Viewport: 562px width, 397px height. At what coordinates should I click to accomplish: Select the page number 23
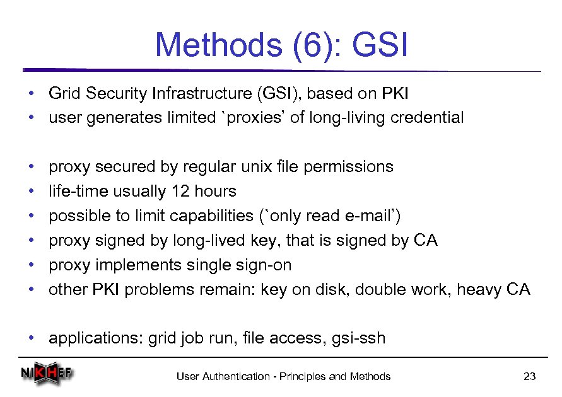[529, 377]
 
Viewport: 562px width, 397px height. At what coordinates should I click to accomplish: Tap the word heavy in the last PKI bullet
[479, 289]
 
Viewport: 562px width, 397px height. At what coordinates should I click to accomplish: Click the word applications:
[96, 338]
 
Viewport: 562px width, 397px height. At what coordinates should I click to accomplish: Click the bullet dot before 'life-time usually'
[31, 192]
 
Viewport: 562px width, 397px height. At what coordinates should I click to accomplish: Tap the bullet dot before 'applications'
[31, 338]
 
